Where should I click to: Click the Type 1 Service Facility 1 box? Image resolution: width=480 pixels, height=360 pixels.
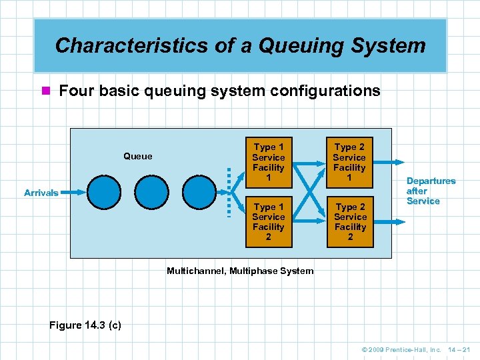[269, 163]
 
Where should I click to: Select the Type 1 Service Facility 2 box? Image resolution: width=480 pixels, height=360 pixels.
[269, 222]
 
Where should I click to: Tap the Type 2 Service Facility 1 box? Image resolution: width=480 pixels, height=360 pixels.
[350, 163]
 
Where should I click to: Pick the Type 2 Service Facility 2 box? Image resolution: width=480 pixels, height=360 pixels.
[350, 222]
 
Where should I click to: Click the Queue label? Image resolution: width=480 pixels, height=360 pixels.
[138, 157]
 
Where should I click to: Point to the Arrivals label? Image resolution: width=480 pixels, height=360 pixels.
[41, 193]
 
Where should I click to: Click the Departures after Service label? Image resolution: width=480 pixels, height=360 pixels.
[431, 191]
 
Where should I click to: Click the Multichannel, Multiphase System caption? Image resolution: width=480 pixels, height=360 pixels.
[240, 271]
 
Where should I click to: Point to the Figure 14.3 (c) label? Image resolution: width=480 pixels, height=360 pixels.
[85, 325]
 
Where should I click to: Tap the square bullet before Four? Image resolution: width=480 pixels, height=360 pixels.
[45, 91]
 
